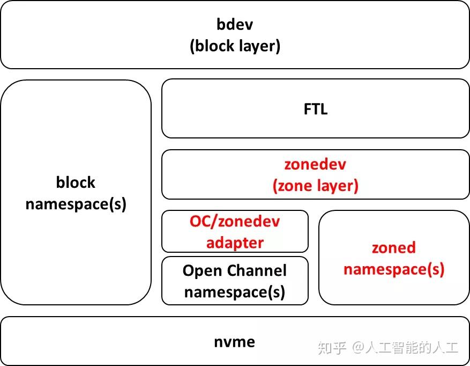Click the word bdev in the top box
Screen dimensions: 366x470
pos(235,24)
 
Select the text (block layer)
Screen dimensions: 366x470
pos(235,46)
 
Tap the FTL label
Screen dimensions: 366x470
pos(315,109)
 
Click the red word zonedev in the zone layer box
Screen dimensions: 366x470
pos(315,164)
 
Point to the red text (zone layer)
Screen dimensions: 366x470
pos(315,186)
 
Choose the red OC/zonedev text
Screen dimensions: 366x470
pos(235,221)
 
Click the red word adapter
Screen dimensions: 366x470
pos(235,243)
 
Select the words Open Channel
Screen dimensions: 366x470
pos(235,270)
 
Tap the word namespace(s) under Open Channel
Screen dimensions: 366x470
pos(235,292)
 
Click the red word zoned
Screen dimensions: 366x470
pos(394,247)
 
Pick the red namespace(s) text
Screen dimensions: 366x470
pos(394,268)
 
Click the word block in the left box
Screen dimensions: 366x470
pos(76,182)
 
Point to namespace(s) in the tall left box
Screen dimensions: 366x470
pos(76,204)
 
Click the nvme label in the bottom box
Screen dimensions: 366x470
pos(235,342)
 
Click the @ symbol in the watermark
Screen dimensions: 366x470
pos(357,348)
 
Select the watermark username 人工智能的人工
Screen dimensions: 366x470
pos(411,348)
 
